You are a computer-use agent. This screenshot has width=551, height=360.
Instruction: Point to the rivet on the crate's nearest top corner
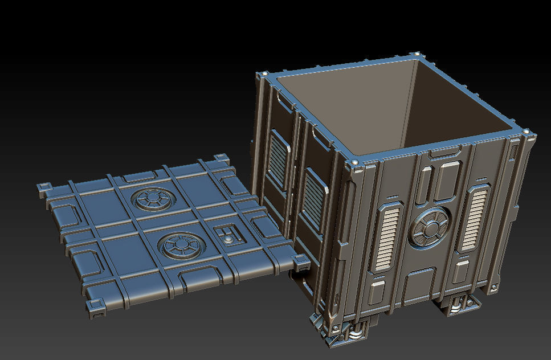tap(355, 164)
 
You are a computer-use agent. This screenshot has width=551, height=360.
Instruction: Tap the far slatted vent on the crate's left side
tap(278, 159)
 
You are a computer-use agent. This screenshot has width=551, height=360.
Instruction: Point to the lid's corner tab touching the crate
tap(301, 261)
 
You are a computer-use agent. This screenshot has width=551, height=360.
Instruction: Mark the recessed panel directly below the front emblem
tap(419, 285)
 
